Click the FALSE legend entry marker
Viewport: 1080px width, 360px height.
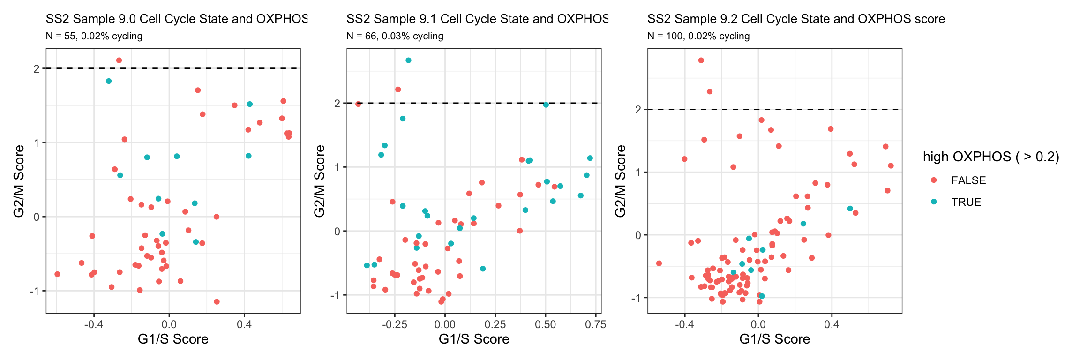934,180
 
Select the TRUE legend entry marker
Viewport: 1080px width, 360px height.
934,202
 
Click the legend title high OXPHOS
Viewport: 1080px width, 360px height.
991,157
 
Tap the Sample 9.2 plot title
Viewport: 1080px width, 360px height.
796,19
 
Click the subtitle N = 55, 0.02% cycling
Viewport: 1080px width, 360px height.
94,36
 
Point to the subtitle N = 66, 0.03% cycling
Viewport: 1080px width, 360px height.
395,36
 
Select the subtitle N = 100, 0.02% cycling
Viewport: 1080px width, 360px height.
698,36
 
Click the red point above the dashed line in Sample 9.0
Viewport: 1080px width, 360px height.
119,60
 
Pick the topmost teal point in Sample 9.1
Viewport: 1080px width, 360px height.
408,60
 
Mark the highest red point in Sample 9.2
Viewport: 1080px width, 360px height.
701,60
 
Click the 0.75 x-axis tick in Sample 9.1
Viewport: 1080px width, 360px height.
596,324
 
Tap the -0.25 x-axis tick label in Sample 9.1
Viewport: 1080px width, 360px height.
395,324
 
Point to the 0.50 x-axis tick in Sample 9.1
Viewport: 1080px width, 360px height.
546,324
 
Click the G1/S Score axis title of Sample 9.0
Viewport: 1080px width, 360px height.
173,339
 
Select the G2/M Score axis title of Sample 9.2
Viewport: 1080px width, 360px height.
621,181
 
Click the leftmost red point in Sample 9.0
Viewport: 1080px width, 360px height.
57,274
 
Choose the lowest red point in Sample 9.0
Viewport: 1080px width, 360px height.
217,302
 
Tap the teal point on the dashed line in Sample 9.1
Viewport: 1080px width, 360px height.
546,105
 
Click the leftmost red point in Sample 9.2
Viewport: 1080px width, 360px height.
659,263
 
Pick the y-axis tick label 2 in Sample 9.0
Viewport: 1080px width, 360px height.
37,68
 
